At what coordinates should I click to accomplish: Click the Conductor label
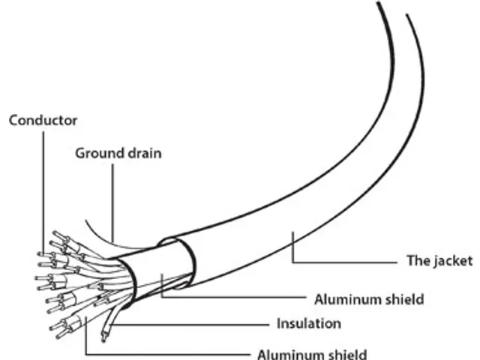click(x=43, y=120)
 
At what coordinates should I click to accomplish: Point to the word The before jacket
click(x=415, y=261)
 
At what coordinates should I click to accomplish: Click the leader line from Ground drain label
click(x=112, y=195)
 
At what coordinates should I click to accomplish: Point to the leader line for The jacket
click(x=345, y=261)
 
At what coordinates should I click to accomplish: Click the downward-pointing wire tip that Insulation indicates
click(x=105, y=334)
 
